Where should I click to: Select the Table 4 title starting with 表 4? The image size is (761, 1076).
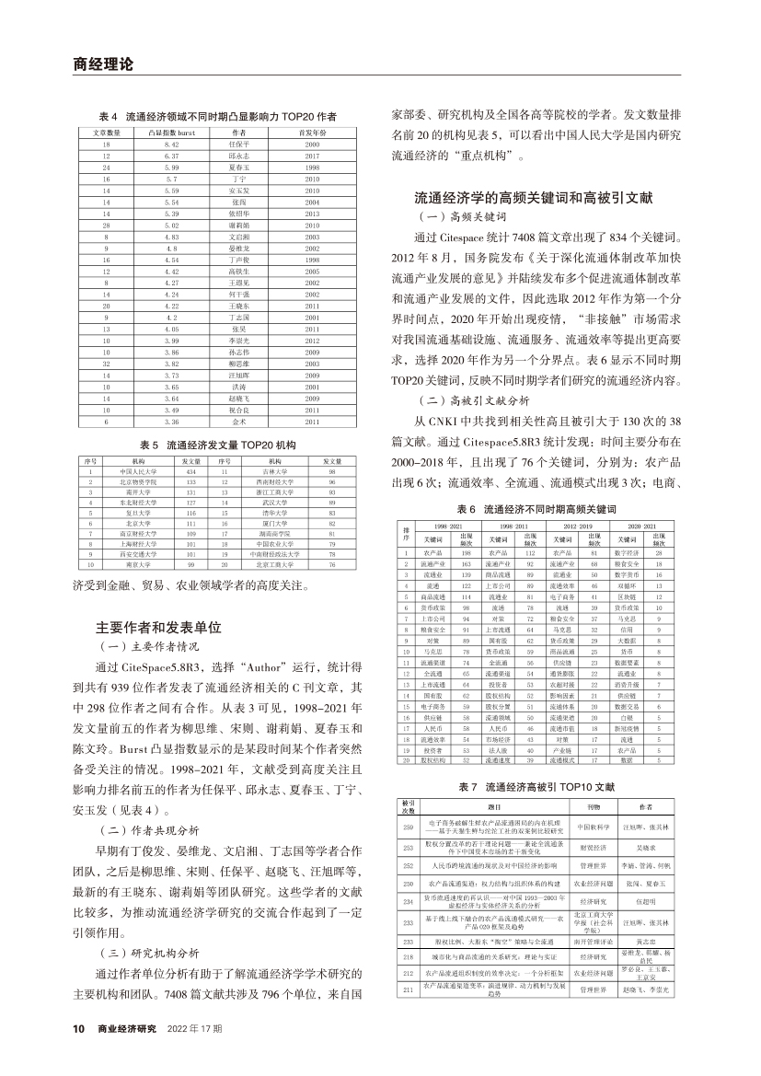[216, 117]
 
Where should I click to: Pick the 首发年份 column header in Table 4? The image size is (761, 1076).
[311, 134]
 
